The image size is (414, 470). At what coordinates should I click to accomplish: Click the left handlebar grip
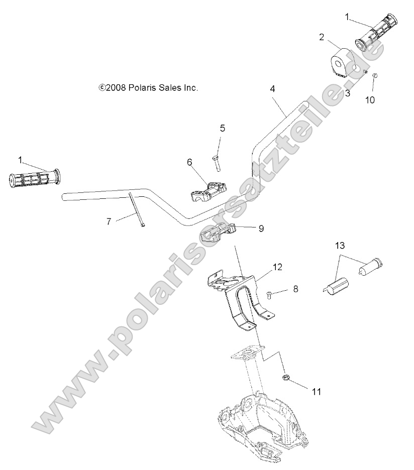click(34, 178)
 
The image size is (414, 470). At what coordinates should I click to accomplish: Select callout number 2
click(322, 37)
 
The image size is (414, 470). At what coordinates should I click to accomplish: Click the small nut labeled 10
click(375, 76)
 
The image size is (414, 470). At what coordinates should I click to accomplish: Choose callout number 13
click(340, 245)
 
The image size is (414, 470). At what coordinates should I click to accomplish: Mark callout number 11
click(317, 391)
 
